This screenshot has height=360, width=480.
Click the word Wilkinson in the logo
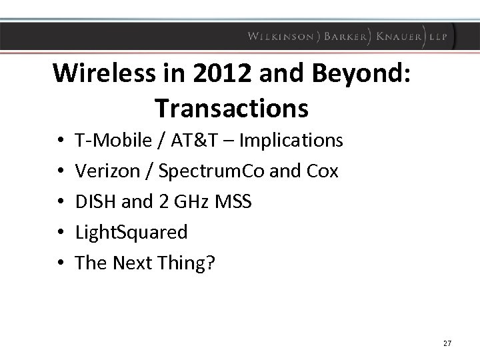pyautogui.click(x=281, y=37)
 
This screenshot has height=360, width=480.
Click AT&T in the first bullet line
pyautogui.click(x=177, y=141)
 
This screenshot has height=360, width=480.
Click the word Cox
pyautogui.click(x=322, y=171)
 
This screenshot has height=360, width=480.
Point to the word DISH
pyautogui.click(x=94, y=201)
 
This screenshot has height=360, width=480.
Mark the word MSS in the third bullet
pyautogui.click(x=234, y=201)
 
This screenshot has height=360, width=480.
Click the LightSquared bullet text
pyautogui.click(x=131, y=233)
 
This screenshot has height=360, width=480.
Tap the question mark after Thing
pyautogui.click(x=211, y=263)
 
